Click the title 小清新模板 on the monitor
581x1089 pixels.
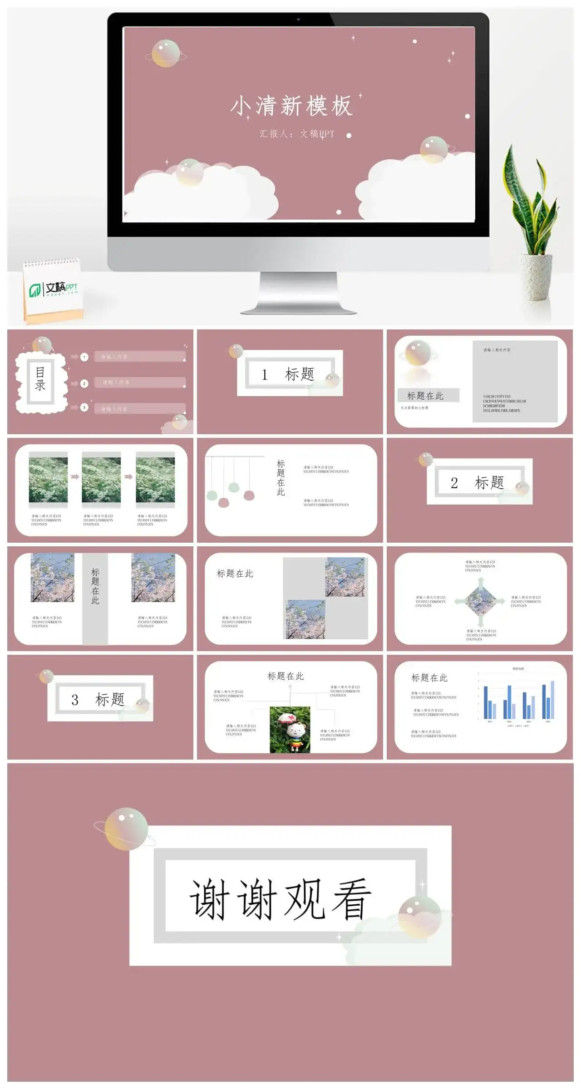point(291,106)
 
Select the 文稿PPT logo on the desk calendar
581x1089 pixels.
point(54,288)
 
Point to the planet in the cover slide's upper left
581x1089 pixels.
point(165,54)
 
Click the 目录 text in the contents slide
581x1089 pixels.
point(40,379)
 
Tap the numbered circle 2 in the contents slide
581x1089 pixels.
point(84,383)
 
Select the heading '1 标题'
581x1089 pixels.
point(288,374)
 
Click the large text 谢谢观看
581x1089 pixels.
point(280,900)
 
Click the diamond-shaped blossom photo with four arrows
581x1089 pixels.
point(480,601)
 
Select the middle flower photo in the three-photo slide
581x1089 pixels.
point(101,479)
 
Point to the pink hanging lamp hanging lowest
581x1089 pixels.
point(223,502)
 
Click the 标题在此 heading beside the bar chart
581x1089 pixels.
point(429,677)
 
